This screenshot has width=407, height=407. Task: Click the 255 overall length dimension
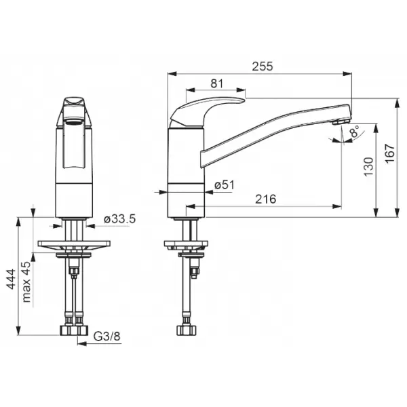pyautogui.click(x=263, y=66)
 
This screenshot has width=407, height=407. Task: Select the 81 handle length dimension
pyautogui.click(x=217, y=83)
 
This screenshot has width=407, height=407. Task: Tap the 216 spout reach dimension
pyautogui.click(x=265, y=199)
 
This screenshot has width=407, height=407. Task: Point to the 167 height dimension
pyautogui.click(x=390, y=153)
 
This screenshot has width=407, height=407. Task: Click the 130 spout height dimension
pyautogui.click(x=368, y=167)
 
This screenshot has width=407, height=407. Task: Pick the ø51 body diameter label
pyautogui.click(x=225, y=185)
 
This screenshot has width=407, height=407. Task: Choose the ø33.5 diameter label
pyautogui.click(x=119, y=219)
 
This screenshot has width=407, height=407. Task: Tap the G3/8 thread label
pyautogui.click(x=107, y=336)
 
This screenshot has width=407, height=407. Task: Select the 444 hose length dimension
pyautogui.click(x=11, y=279)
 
